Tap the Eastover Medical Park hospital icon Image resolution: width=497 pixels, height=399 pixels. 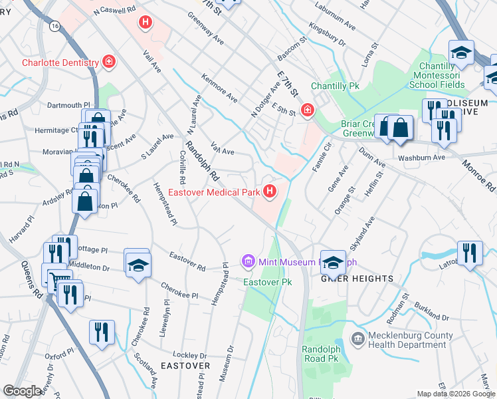[x=270, y=193]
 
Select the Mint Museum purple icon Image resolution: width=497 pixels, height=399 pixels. [x=248, y=261]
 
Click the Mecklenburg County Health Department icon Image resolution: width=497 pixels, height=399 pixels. [x=358, y=339]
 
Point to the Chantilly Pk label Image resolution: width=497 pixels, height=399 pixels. [x=335, y=86]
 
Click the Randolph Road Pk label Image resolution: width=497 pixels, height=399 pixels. [x=321, y=353]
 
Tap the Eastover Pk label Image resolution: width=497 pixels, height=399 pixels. [x=268, y=283]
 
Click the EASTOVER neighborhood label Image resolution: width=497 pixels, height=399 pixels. [x=185, y=366]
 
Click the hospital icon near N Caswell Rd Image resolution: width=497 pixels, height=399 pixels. [x=146, y=23]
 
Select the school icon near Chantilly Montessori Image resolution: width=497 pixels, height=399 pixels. [x=461, y=52]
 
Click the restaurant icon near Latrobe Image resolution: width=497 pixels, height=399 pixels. [x=470, y=253]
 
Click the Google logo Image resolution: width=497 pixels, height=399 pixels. [x=23, y=391]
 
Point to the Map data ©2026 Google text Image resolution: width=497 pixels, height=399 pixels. [x=455, y=394]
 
